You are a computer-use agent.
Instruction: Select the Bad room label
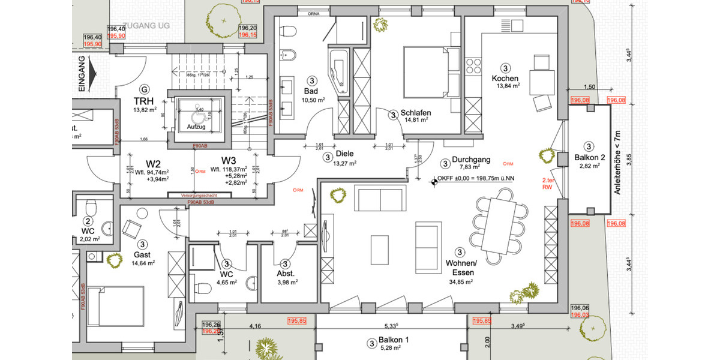tap(310, 91)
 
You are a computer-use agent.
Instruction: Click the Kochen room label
tap(505, 79)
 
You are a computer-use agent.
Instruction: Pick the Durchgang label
tap(472, 161)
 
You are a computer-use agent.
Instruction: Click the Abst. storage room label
tap(285, 274)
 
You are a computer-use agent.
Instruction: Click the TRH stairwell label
tap(143, 101)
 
